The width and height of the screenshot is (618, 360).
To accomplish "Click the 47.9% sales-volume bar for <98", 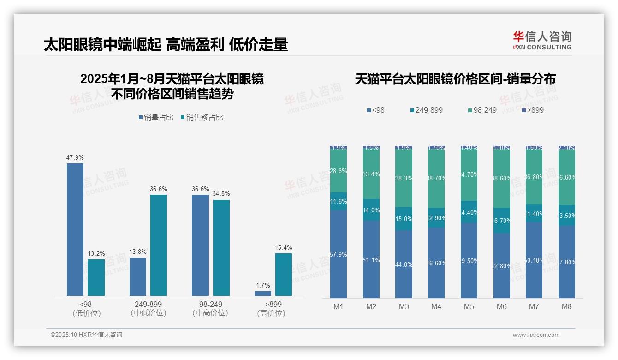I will click(75, 229).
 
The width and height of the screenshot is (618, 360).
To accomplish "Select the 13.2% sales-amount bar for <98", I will click(96, 277).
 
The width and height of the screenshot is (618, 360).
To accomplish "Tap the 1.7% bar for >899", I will click(263, 293).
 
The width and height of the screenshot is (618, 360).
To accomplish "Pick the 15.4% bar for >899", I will click(284, 274).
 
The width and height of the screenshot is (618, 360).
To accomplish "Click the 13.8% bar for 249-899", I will click(138, 276).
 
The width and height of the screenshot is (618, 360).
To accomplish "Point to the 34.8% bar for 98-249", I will click(221, 247).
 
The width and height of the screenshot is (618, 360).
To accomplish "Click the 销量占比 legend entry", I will click(156, 118).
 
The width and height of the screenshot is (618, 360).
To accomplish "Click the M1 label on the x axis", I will click(338, 306).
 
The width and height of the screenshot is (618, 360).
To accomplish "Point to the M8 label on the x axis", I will click(567, 306).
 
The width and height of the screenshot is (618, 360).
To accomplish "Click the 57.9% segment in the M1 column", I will click(339, 254).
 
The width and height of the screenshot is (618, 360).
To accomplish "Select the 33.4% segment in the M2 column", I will click(371, 174).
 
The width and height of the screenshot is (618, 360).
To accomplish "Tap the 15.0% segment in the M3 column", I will click(404, 219).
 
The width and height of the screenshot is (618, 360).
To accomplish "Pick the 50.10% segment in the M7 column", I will click(534, 260).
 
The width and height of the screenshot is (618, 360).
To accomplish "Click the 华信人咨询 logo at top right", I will click(542, 40).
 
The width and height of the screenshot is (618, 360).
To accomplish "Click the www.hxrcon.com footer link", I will click(536, 335).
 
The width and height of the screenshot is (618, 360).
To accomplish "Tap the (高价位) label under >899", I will click(271, 313).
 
